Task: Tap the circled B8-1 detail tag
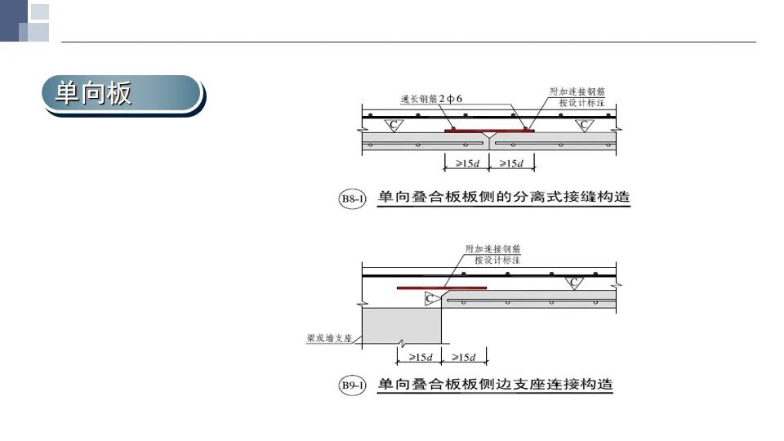point(352,198)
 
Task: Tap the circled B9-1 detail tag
point(352,385)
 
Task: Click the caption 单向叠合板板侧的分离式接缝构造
point(504,197)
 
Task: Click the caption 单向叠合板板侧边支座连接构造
point(495,384)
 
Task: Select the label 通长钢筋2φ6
point(431,99)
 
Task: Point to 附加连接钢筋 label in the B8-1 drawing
point(577,91)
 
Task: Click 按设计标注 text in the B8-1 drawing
point(581,103)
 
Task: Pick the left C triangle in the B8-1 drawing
point(394,125)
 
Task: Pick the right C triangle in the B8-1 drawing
point(584,125)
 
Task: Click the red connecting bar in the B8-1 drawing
point(489,131)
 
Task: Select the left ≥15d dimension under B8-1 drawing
point(467,163)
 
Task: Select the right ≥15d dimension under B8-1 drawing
point(511,163)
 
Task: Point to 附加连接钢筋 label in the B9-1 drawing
point(493,248)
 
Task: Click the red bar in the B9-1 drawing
point(442,288)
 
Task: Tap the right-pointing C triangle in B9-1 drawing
point(431,299)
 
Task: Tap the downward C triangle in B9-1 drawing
point(574,283)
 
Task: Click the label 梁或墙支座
point(329,338)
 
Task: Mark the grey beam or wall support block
point(402,326)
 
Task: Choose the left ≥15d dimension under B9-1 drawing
point(420,357)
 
